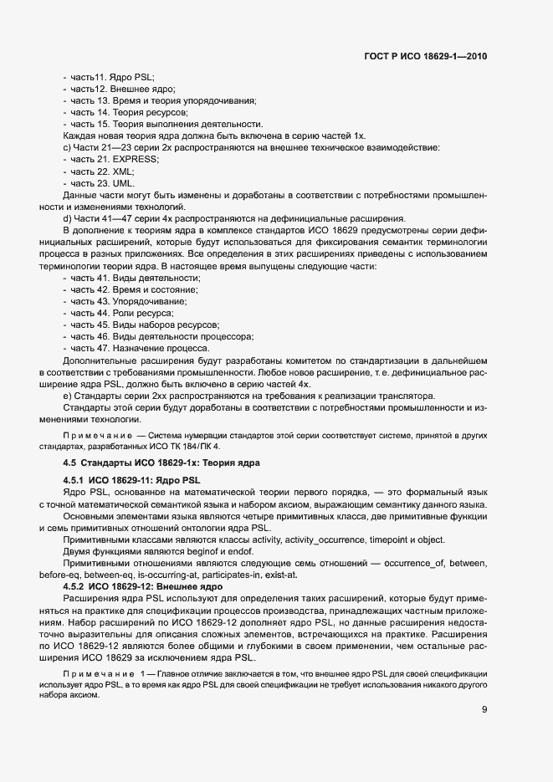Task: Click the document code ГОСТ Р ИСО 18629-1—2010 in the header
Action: (x=426, y=57)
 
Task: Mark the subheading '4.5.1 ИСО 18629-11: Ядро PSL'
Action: (x=132, y=481)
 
